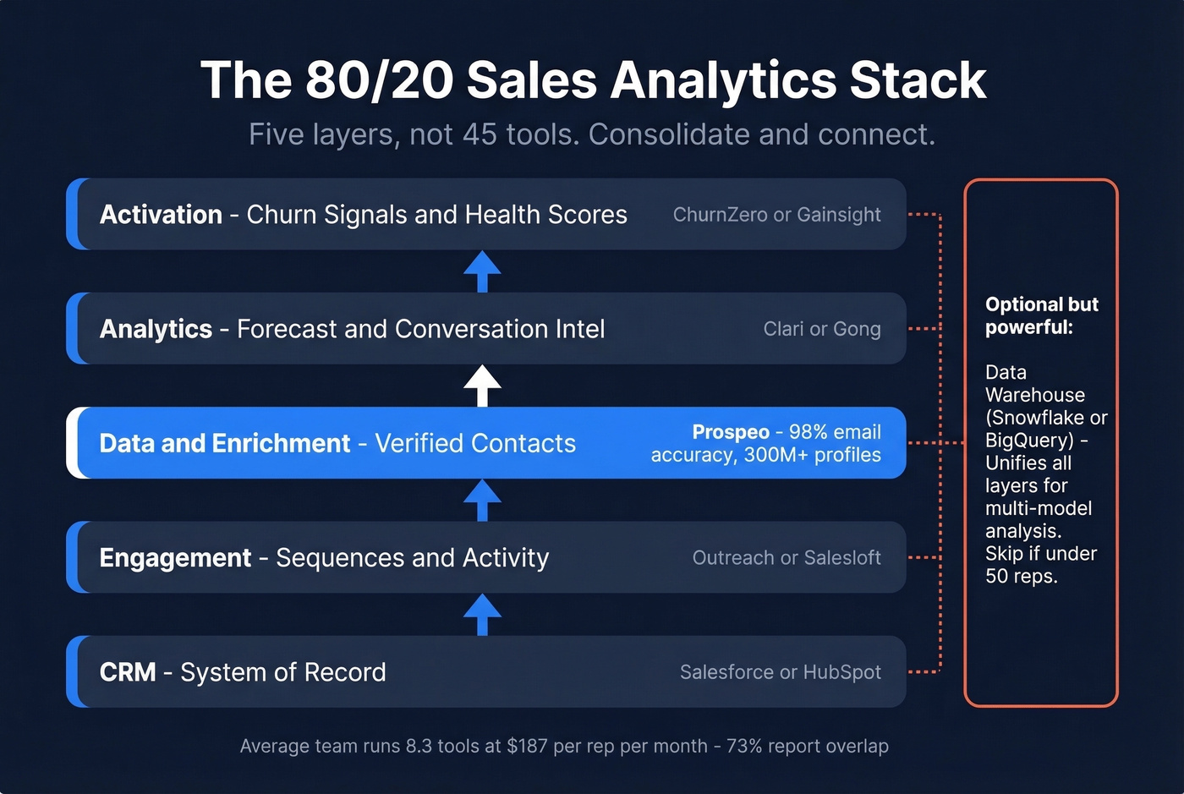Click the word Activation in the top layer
point(161,215)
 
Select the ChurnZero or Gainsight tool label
point(776,215)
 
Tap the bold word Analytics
point(156,329)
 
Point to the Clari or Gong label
point(821,329)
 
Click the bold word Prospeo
point(731,432)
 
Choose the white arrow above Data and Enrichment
point(482,385)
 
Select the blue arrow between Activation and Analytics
point(482,271)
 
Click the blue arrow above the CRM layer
point(482,613)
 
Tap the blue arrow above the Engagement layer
point(482,499)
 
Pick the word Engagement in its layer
point(175,558)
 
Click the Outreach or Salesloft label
point(787,558)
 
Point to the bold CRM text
point(128,672)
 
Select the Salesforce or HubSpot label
point(780,672)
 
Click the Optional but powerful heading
point(1041,315)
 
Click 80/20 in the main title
point(380,81)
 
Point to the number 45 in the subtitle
point(480,134)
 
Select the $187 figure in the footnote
point(527,746)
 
